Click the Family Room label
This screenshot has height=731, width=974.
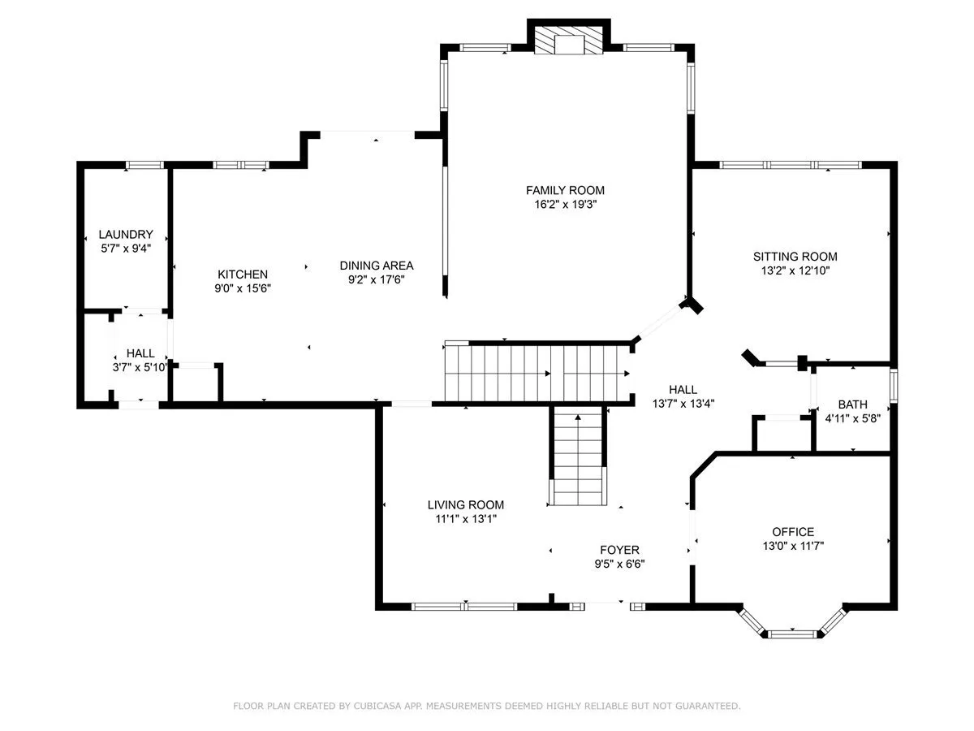[x=565, y=190]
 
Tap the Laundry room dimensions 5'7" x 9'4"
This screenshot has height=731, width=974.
[x=126, y=248]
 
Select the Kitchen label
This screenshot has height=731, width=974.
[x=242, y=275]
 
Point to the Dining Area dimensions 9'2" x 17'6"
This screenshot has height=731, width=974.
[x=377, y=279]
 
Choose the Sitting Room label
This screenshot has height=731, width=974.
[x=795, y=257]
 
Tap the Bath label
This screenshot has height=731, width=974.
[x=852, y=404]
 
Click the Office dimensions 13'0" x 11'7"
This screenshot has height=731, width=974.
[x=793, y=546]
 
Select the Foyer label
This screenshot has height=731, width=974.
[x=619, y=550]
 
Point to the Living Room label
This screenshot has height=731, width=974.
[x=465, y=504]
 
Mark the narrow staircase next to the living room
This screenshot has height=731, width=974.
[x=578, y=456]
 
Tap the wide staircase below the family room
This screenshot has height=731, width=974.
[x=538, y=374]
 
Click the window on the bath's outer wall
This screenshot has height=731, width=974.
[x=894, y=385]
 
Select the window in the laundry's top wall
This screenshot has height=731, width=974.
[x=144, y=165]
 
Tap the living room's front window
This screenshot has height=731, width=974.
[x=464, y=606]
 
